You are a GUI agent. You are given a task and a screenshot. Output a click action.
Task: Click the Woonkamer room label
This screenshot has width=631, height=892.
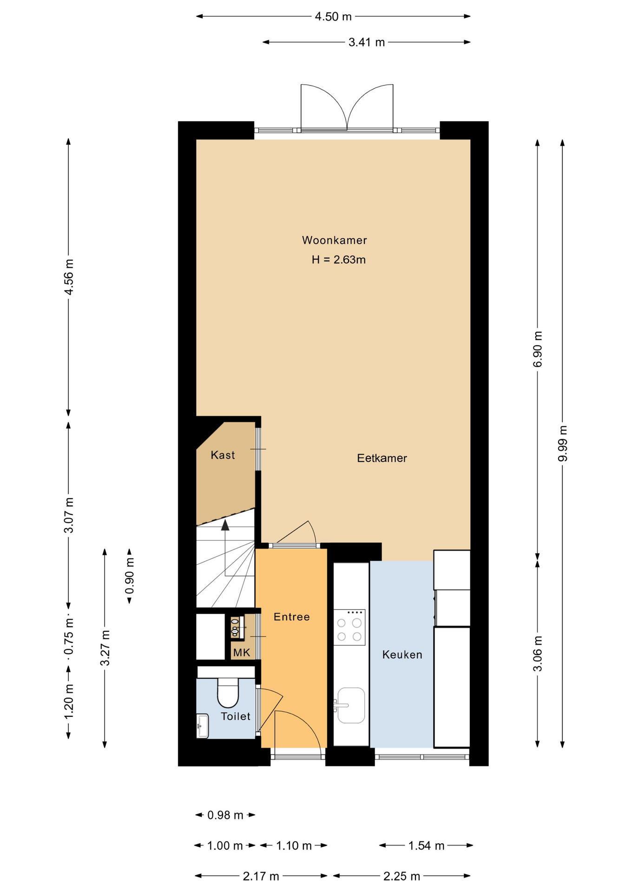coord(335,240)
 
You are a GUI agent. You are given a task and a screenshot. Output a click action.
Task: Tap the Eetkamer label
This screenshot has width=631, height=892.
coord(382,458)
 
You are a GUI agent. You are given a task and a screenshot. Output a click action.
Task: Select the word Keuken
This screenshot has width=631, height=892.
coord(402,655)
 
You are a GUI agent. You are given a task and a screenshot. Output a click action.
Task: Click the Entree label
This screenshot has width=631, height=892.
coord(292,617)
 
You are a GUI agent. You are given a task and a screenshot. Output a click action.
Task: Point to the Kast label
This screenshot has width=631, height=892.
coord(223,455)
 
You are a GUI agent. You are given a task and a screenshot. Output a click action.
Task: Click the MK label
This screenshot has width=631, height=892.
coord(242,653)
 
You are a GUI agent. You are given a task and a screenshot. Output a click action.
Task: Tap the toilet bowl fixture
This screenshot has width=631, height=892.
coord(228,693)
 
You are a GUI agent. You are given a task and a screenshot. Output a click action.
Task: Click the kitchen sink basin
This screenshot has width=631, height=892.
coord(351,705)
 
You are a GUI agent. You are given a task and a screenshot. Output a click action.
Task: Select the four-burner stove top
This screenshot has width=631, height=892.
coord(349,627)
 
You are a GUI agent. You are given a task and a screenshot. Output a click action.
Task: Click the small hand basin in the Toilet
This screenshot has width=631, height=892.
coord(203,726)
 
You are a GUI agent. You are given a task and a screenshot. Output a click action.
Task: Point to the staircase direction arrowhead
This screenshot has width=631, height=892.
coord(225,525)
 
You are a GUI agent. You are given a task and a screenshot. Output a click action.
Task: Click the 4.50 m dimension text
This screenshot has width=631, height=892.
coord(333,17)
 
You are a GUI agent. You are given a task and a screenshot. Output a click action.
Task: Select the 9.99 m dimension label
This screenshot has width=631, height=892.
coord(563,443)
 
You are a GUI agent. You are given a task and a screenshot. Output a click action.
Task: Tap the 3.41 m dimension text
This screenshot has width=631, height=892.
coord(367,42)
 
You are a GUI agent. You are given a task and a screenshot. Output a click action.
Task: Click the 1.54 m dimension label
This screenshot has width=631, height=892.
coord(426,846)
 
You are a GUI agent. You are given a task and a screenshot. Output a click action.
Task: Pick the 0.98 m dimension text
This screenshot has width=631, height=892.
coord(225,815)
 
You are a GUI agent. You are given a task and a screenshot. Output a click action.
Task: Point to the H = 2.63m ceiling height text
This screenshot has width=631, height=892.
coord(339,260)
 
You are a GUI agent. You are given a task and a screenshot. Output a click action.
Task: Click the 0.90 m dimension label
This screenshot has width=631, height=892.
coord(130,576)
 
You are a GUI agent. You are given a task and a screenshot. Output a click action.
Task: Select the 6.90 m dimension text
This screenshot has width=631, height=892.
coord(538,349)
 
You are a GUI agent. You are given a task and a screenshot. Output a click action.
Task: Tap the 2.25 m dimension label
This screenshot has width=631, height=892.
coord(401,877)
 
